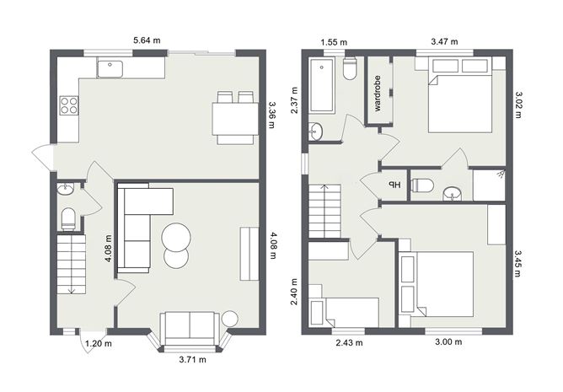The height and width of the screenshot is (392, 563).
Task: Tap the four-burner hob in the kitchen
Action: [69, 106]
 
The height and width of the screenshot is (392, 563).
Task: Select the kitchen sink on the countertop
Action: [110, 68]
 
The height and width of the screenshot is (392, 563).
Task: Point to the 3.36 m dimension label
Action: [271, 115]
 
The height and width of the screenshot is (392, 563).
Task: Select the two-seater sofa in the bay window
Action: [189, 326]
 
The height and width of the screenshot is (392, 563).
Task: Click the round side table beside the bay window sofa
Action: [229, 319]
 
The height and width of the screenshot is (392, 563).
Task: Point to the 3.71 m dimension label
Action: [193, 359]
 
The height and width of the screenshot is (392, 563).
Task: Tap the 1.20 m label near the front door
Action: [99, 343]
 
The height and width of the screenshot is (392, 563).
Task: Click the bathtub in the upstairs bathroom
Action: [324, 85]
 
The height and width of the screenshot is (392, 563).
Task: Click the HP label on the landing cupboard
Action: [394, 185]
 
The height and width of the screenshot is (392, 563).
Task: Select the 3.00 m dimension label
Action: [448, 342]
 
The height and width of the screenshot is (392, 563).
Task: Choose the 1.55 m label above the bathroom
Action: [335, 40]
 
